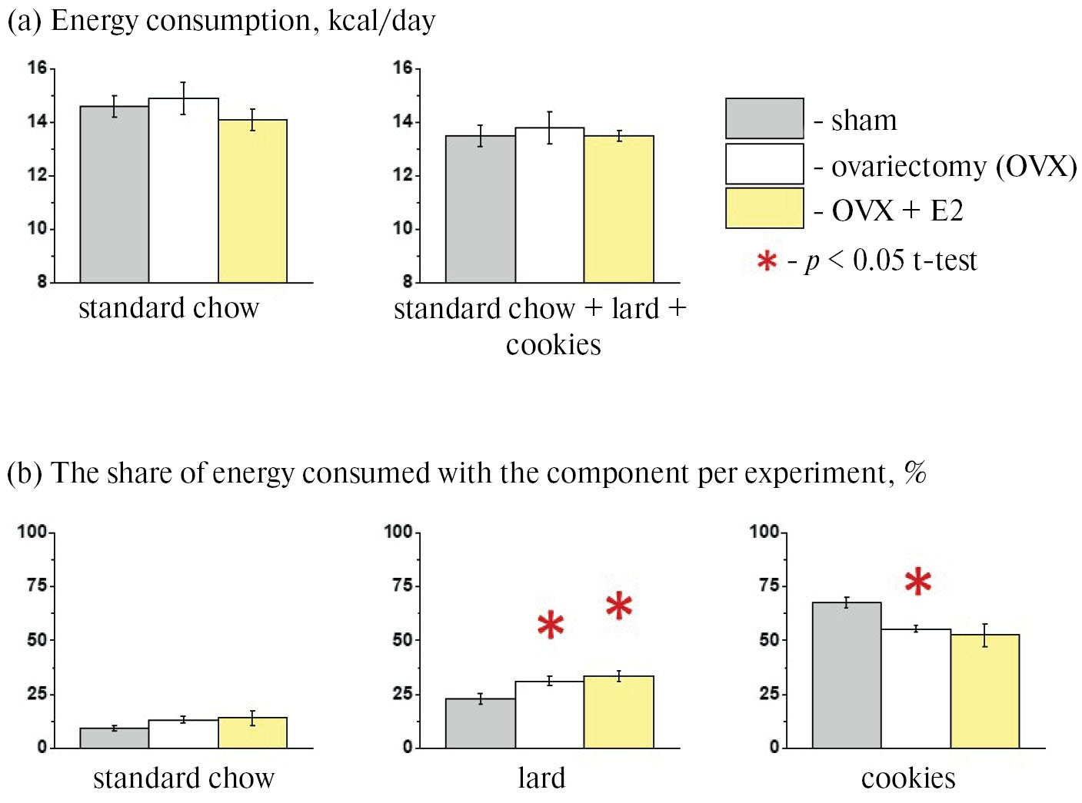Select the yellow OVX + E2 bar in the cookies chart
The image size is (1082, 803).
985,691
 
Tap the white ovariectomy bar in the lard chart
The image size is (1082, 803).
549,715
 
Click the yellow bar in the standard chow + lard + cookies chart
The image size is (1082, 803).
619,209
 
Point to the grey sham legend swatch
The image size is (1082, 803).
764,118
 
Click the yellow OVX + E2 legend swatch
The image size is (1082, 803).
764,208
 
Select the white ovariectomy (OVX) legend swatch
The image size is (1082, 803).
764,164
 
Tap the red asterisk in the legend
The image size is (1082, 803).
767,261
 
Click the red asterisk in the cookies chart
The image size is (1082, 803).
917,582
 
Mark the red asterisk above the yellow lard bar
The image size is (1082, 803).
619,606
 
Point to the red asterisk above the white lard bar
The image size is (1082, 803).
551,625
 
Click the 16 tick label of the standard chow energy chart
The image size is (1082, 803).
37,68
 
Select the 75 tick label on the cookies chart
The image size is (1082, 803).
768,586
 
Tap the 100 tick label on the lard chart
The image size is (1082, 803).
398,532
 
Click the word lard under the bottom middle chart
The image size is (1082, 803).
541,778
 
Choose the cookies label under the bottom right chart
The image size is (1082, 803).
908,778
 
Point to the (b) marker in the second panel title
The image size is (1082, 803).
24,473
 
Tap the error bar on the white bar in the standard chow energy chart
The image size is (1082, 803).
183,98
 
